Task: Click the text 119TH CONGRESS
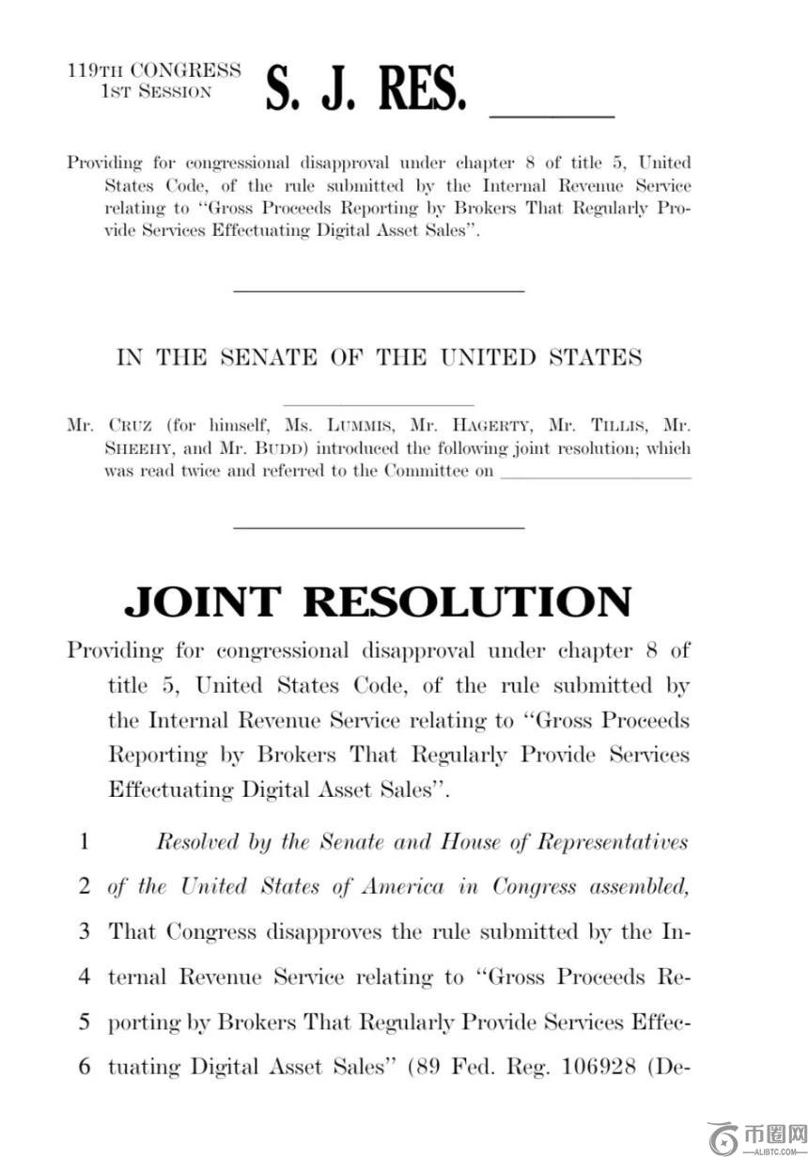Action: pyautogui.click(x=154, y=70)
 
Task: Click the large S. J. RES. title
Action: pyautogui.click(x=365, y=89)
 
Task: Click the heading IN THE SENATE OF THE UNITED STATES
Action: pyautogui.click(x=379, y=358)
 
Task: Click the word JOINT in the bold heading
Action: pyautogui.click(x=202, y=602)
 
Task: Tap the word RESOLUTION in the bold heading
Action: pyautogui.click(x=467, y=602)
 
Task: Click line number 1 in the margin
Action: pyautogui.click(x=84, y=841)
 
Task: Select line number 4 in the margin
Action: pyautogui.click(x=84, y=977)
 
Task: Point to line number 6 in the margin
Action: pyautogui.click(x=84, y=1068)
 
